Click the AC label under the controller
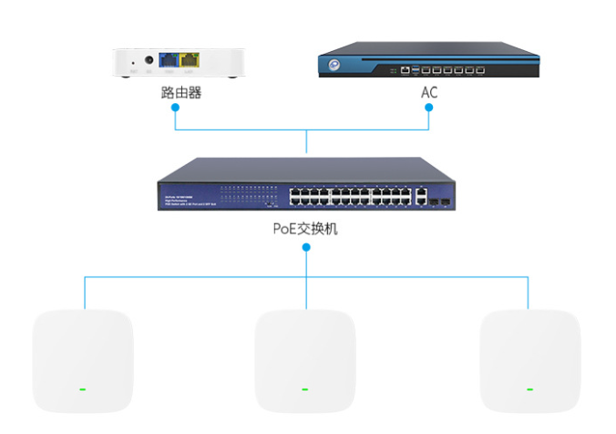click(429, 92)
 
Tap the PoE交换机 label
click(305, 229)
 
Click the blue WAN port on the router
click(169, 60)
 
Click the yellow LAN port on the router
click(190, 60)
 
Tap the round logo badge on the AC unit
click(334, 66)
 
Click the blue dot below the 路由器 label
click(176, 107)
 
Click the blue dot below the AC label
click(428, 107)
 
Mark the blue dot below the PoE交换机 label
click(306, 246)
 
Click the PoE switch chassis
click(305, 187)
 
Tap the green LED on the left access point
click(82, 389)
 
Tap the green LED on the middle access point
click(304, 389)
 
